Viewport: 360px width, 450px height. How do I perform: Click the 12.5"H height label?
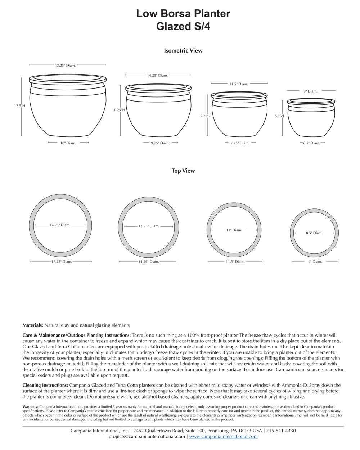(19, 106)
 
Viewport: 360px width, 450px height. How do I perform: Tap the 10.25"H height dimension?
(118, 110)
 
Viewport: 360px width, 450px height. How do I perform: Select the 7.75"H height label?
(206, 116)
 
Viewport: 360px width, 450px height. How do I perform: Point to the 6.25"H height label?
(280, 116)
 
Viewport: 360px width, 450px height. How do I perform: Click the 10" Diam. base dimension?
(68, 143)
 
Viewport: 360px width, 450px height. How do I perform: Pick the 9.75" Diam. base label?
(160, 143)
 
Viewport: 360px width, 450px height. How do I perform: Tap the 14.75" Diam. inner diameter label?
(60, 225)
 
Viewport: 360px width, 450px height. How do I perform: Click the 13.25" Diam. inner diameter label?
(149, 226)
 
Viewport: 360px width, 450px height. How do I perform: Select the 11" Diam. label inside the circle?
(234, 230)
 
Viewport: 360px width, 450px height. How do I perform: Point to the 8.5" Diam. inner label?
(314, 233)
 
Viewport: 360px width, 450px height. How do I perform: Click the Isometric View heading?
(183, 51)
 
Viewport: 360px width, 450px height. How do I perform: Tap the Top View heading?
(183, 171)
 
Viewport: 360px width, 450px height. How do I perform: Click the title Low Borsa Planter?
(183, 14)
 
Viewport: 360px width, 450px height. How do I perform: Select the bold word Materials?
(33, 325)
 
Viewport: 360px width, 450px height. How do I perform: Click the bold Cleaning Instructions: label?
(45, 385)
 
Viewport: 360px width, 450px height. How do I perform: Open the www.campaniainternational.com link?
(223, 436)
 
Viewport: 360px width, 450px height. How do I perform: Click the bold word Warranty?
(30, 406)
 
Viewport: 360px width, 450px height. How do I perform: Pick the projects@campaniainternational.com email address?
(147, 436)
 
